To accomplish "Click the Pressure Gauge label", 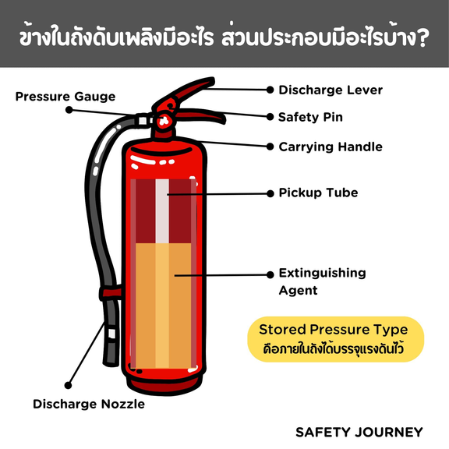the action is click(x=65, y=97).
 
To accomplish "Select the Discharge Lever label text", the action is click(x=331, y=90).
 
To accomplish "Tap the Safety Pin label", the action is click(x=310, y=117).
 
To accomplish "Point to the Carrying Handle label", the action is click(x=331, y=147).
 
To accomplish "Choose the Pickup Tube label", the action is click(x=318, y=193).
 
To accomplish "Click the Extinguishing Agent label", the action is click(x=323, y=281).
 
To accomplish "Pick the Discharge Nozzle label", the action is click(x=89, y=404).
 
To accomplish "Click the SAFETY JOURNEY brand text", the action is click(x=359, y=432).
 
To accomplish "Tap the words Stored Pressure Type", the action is click(x=334, y=330).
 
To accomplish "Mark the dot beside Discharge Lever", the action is click(x=270, y=90).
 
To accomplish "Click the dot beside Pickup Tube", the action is click(x=270, y=194).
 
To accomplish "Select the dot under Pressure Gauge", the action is click(x=69, y=110).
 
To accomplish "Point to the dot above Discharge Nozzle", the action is click(x=68, y=385).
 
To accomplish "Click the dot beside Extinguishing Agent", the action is click(x=270, y=275).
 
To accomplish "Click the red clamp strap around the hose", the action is click(x=111, y=292).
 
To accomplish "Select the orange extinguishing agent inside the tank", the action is click(x=163, y=306).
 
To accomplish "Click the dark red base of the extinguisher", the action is click(x=164, y=387).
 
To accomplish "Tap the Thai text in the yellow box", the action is click(x=334, y=349).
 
